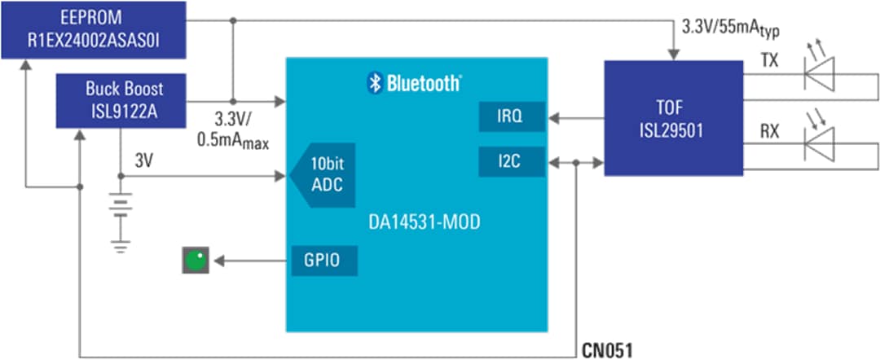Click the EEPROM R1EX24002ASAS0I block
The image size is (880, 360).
[93, 29]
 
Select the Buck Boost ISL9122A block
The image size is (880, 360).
[121, 100]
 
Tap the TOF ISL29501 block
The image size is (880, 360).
[673, 118]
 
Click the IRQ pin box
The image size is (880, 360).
[511, 118]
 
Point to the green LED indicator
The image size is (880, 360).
[196, 261]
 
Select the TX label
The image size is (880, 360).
[769, 61]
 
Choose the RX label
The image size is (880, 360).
[769, 130]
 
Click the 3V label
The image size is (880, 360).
[143, 161]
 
